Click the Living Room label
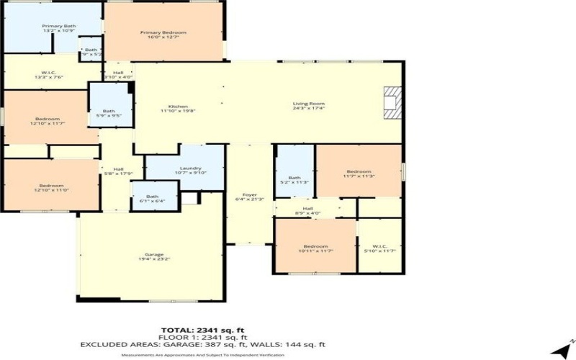[x=308, y=106]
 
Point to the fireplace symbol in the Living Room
[x=392, y=102]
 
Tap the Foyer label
[x=250, y=197]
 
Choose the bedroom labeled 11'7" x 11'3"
[x=359, y=173]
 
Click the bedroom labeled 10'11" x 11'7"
[x=315, y=248]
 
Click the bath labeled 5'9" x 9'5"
[x=108, y=113]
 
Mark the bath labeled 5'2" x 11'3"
[x=294, y=180]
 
